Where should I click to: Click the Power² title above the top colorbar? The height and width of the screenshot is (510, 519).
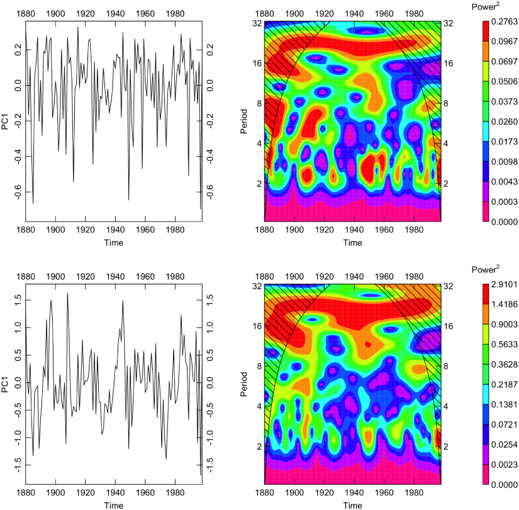click(x=484, y=6)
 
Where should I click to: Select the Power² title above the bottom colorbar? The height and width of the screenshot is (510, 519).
click(x=484, y=269)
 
